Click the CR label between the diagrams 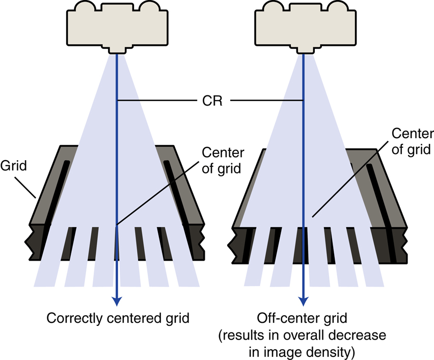(212, 100)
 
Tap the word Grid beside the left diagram (14, 166)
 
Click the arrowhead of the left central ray (117, 301)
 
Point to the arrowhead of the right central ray (304, 301)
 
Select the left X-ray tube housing (117, 27)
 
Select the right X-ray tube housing (305, 27)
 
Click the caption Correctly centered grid (118, 318)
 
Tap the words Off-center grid (302, 318)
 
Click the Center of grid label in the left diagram (223, 161)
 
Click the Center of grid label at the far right (413, 141)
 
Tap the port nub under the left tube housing (117, 49)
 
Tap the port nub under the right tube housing (305, 49)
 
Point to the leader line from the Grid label (25, 188)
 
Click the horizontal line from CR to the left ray (157, 100)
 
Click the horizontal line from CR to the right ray (267, 100)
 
